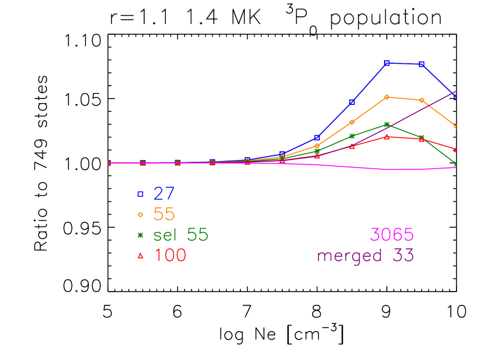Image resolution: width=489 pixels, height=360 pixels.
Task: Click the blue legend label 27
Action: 164,194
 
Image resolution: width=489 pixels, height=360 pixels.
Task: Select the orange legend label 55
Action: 164,214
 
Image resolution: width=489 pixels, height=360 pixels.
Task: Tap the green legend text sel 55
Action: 180,235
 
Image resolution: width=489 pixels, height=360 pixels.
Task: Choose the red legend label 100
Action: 170,255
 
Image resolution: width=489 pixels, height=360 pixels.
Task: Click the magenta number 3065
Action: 392,235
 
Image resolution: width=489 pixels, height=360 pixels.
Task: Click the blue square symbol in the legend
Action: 140,194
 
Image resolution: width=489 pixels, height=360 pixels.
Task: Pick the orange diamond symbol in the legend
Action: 140,214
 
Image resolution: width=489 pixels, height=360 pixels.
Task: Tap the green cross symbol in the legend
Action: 140,235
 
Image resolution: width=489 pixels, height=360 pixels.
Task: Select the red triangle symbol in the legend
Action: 140,255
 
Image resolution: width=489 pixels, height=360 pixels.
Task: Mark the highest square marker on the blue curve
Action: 387,63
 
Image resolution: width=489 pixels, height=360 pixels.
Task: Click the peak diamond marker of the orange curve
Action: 387,97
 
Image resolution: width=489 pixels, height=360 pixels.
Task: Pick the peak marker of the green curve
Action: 387,124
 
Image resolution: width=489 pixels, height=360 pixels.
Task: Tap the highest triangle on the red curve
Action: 387,136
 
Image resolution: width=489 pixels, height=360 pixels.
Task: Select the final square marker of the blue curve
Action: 456,97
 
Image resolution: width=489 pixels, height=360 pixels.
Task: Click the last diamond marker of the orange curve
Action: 456,126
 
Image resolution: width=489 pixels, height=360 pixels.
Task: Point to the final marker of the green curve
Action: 456,164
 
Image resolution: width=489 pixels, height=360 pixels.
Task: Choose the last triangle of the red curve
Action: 456,149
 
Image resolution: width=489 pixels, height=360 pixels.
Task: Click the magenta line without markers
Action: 406,169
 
